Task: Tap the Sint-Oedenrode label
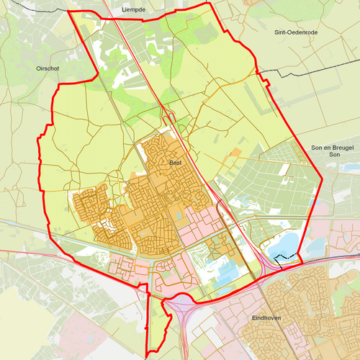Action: pyautogui.click(x=296, y=32)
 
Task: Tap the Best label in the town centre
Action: pyautogui.click(x=175, y=163)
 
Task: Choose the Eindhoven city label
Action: pyautogui.click(x=266, y=317)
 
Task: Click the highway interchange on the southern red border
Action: pyautogui.click(x=179, y=305)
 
